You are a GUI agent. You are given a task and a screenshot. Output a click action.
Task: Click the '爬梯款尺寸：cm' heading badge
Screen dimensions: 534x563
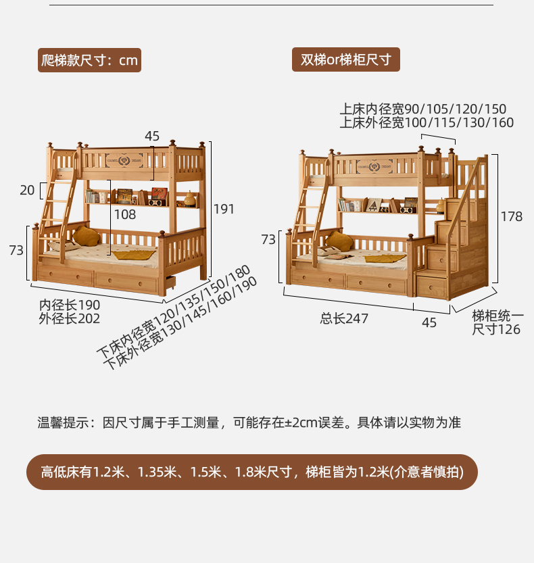click(90, 60)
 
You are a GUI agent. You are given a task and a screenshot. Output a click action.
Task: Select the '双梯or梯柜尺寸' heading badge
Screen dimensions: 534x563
click(346, 59)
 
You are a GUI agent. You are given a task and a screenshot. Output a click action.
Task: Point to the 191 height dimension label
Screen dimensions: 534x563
click(224, 210)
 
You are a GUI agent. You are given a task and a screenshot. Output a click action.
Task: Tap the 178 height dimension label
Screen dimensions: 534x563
click(512, 217)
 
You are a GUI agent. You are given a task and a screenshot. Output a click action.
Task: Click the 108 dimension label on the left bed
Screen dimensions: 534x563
click(125, 215)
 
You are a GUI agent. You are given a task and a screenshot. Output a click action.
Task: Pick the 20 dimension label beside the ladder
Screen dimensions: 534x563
click(27, 191)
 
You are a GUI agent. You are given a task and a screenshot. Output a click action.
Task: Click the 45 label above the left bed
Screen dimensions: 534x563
click(152, 136)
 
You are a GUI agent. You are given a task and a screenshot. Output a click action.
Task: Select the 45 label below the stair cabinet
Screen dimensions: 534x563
click(429, 322)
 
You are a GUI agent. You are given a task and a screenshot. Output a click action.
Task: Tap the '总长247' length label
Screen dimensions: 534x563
click(344, 318)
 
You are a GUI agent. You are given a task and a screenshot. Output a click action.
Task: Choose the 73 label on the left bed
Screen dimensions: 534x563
click(17, 251)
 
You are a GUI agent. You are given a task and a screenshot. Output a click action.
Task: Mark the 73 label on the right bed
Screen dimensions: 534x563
click(268, 239)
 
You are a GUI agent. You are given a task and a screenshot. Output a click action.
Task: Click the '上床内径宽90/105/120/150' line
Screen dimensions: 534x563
click(422, 109)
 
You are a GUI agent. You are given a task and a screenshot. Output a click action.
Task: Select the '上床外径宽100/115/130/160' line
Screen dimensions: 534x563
click(427, 122)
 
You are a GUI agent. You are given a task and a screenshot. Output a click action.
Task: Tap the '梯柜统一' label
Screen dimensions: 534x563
click(497, 315)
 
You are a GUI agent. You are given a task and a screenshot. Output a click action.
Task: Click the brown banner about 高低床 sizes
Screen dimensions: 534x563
click(251, 472)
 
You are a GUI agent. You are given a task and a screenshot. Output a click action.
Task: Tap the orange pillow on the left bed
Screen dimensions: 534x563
click(86, 236)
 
